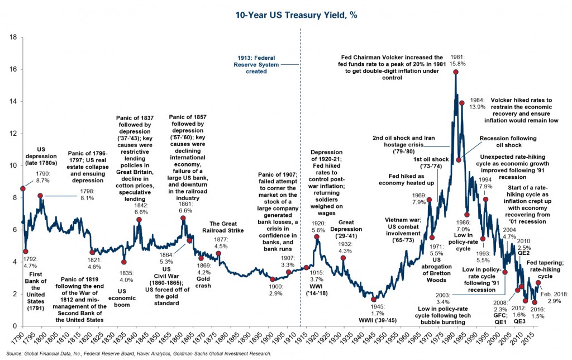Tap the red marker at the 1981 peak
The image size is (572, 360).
(456, 72)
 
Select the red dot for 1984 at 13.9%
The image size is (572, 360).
(462, 103)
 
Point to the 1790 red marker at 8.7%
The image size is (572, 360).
(23, 189)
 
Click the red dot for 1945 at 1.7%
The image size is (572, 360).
(374, 300)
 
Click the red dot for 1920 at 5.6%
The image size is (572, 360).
(317, 236)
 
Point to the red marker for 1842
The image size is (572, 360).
(139, 220)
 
